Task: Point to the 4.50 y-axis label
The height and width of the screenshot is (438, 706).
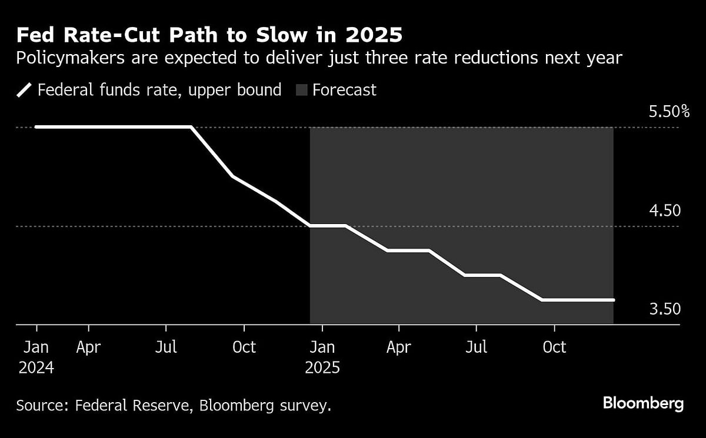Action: (664, 210)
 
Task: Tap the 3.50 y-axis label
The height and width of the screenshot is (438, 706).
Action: (664, 309)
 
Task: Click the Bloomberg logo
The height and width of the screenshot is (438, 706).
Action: (643, 403)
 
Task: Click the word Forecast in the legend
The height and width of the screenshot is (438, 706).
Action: (344, 90)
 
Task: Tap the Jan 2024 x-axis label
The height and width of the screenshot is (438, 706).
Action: (36, 357)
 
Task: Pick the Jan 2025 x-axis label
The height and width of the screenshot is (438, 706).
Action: (321, 357)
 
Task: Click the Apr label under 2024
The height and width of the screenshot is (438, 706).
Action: (88, 347)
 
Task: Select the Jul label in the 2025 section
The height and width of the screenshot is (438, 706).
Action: (476, 347)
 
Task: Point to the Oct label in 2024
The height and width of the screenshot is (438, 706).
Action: (244, 347)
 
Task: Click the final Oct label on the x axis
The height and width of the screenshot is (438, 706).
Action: (554, 347)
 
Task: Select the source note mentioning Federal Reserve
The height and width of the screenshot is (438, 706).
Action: (174, 405)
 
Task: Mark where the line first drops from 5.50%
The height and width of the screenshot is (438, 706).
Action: (191, 127)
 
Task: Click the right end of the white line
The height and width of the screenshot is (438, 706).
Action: (613, 300)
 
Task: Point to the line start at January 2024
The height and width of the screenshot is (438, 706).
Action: (36, 127)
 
